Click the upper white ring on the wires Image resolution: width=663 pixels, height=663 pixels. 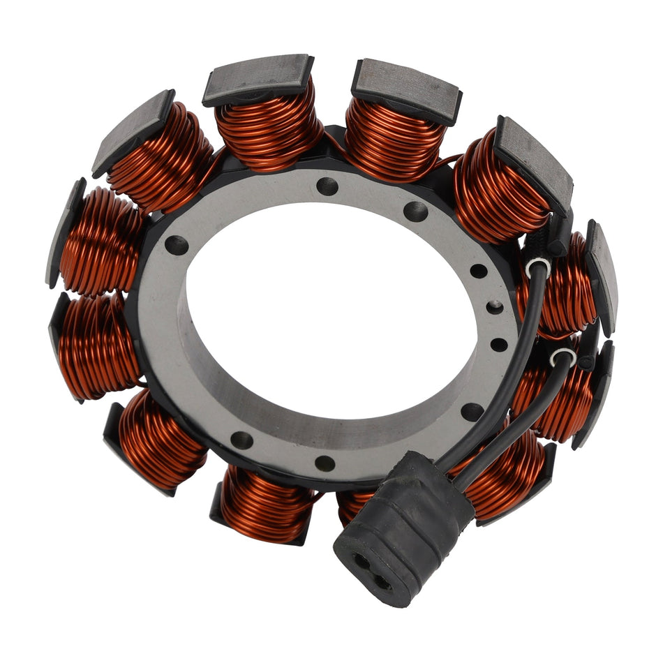[538, 265]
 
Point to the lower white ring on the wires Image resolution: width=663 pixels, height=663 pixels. [563, 357]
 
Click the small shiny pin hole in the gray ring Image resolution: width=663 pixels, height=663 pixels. [494, 306]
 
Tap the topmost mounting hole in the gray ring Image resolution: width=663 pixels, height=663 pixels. [327, 186]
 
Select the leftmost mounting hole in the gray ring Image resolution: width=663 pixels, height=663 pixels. [177, 245]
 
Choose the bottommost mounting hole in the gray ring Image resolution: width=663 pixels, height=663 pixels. [325, 463]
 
